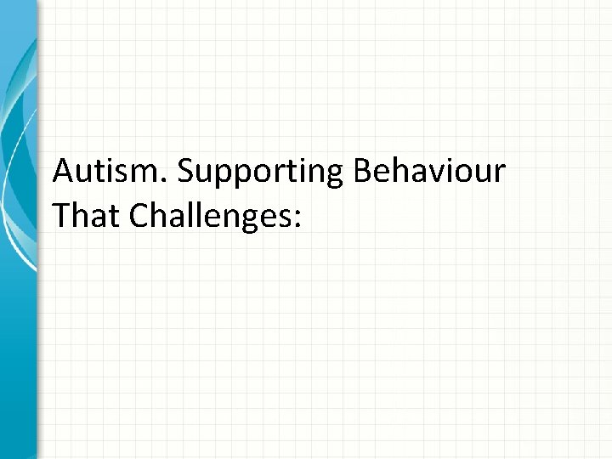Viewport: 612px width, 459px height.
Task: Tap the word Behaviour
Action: pos(429,172)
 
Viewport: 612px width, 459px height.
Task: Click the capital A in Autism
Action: pos(63,172)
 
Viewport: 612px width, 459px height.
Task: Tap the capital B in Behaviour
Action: pos(360,172)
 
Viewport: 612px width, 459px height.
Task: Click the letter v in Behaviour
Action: pos(440,174)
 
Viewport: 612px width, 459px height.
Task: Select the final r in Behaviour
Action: pos(501,174)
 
